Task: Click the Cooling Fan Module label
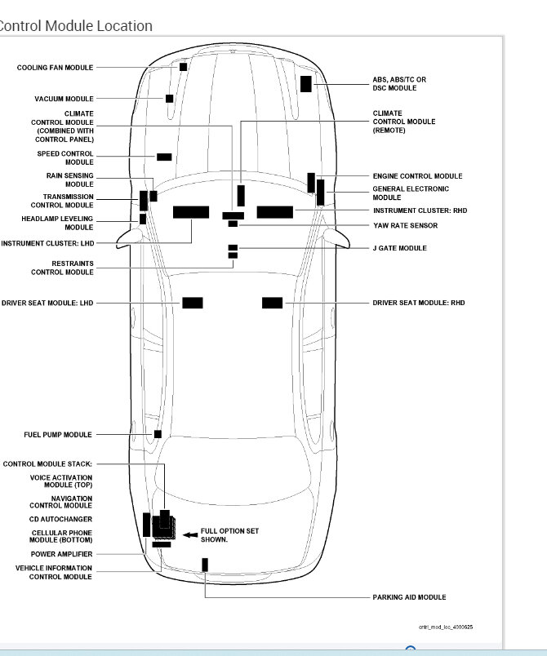tap(55, 68)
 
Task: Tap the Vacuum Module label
tap(64, 99)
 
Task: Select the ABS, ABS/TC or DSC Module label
tap(399, 83)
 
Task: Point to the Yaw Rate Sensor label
tap(405, 225)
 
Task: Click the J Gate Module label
tap(400, 248)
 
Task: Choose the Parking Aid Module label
tap(410, 597)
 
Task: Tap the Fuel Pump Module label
tap(58, 435)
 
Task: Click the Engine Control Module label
tap(417, 176)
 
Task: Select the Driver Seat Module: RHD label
tap(419, 303)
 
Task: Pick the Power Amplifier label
tap(61, 554)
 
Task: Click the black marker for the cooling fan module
tap(184, 67)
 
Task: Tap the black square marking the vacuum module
tap(169, 99)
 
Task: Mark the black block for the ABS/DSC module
tap(306, 83)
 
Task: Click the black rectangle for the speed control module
tap(164, 157)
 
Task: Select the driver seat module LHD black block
tap(193, 303)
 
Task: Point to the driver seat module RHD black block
tap(273, 303)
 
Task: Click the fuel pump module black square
tap(158, 434)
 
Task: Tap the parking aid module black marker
tap(205, 565)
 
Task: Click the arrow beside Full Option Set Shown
tap(189, 534)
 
